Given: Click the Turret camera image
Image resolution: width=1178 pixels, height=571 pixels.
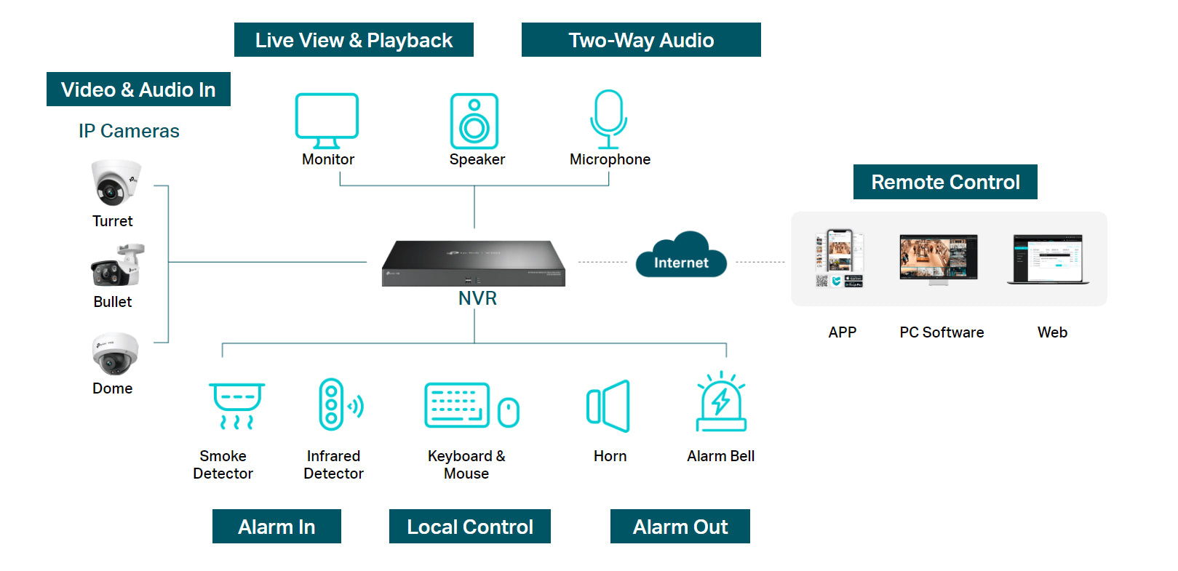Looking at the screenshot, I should coord(115,183).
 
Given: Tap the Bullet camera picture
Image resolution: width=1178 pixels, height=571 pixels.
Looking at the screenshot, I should coord(117,265).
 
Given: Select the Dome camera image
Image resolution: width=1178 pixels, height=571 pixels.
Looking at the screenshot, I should coord(115,354).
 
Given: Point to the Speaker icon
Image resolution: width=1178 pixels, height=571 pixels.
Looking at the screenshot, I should coord(474,121).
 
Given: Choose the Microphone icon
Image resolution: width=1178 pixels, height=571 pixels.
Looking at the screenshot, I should coord(608,119).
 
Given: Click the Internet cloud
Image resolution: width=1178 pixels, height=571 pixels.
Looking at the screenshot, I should coord(681,256).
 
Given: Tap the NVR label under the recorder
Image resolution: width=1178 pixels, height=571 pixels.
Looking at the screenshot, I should coord(477,298).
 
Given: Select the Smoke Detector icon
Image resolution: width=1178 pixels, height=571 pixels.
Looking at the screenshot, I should coord(236,405).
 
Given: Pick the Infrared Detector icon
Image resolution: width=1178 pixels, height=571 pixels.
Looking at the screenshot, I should coord(339,404).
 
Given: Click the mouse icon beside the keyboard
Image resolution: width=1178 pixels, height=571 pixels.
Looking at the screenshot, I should coord(509,412).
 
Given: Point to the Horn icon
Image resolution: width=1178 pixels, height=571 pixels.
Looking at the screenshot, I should coord(608,406).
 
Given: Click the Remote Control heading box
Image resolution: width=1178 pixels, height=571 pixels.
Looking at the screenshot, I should coord(945,182).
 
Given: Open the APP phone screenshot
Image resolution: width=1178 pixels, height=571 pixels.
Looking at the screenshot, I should coord(840,258).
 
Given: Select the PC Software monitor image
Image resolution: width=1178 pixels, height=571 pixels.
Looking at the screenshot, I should coord(938,258).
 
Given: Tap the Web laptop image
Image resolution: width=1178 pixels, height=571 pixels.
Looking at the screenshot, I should coord(1048,260).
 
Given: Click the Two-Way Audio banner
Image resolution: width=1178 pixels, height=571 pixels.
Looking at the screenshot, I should coord(641,40).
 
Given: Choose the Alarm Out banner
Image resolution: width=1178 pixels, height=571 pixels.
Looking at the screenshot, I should coord(680,527).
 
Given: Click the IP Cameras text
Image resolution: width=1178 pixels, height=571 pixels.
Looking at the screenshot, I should coord(129,131).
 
